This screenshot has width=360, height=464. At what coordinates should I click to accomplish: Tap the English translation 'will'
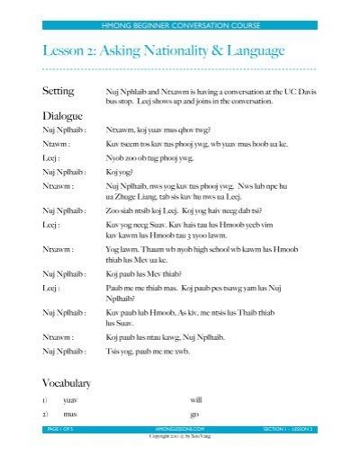pyautogui.click(x=196, y=399)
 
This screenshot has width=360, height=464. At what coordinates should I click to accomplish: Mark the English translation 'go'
pyautogui.click(x=194, y=414)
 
